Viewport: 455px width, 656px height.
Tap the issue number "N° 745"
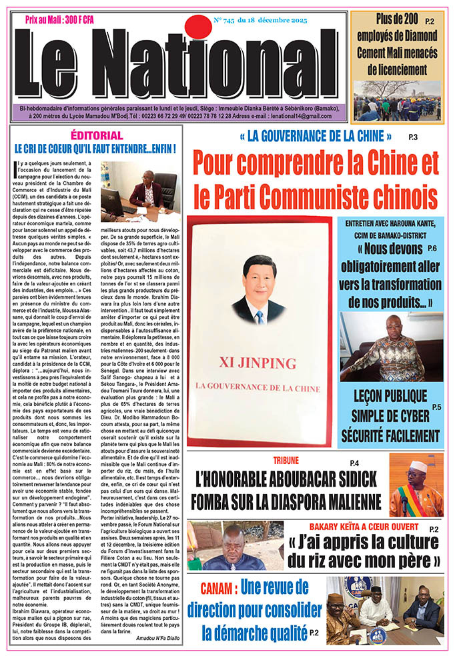(230, 20)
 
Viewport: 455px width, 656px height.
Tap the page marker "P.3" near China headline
(413, 137)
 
